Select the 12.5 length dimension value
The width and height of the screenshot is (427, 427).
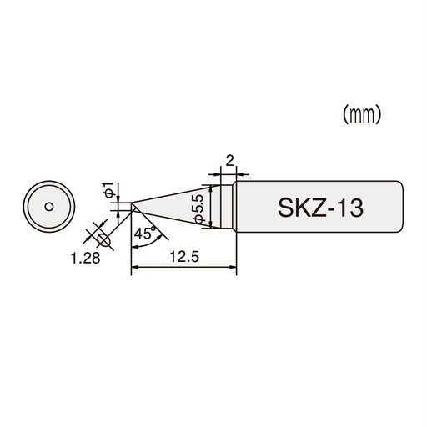183,258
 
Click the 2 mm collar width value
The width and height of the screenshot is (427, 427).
227,158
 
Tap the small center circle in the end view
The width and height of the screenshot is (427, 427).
48,205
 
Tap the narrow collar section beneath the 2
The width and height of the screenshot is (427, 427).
227,205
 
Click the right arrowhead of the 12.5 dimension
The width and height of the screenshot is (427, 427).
235,268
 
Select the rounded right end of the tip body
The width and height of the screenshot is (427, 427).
407,205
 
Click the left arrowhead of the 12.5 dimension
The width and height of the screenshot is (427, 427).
136,268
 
